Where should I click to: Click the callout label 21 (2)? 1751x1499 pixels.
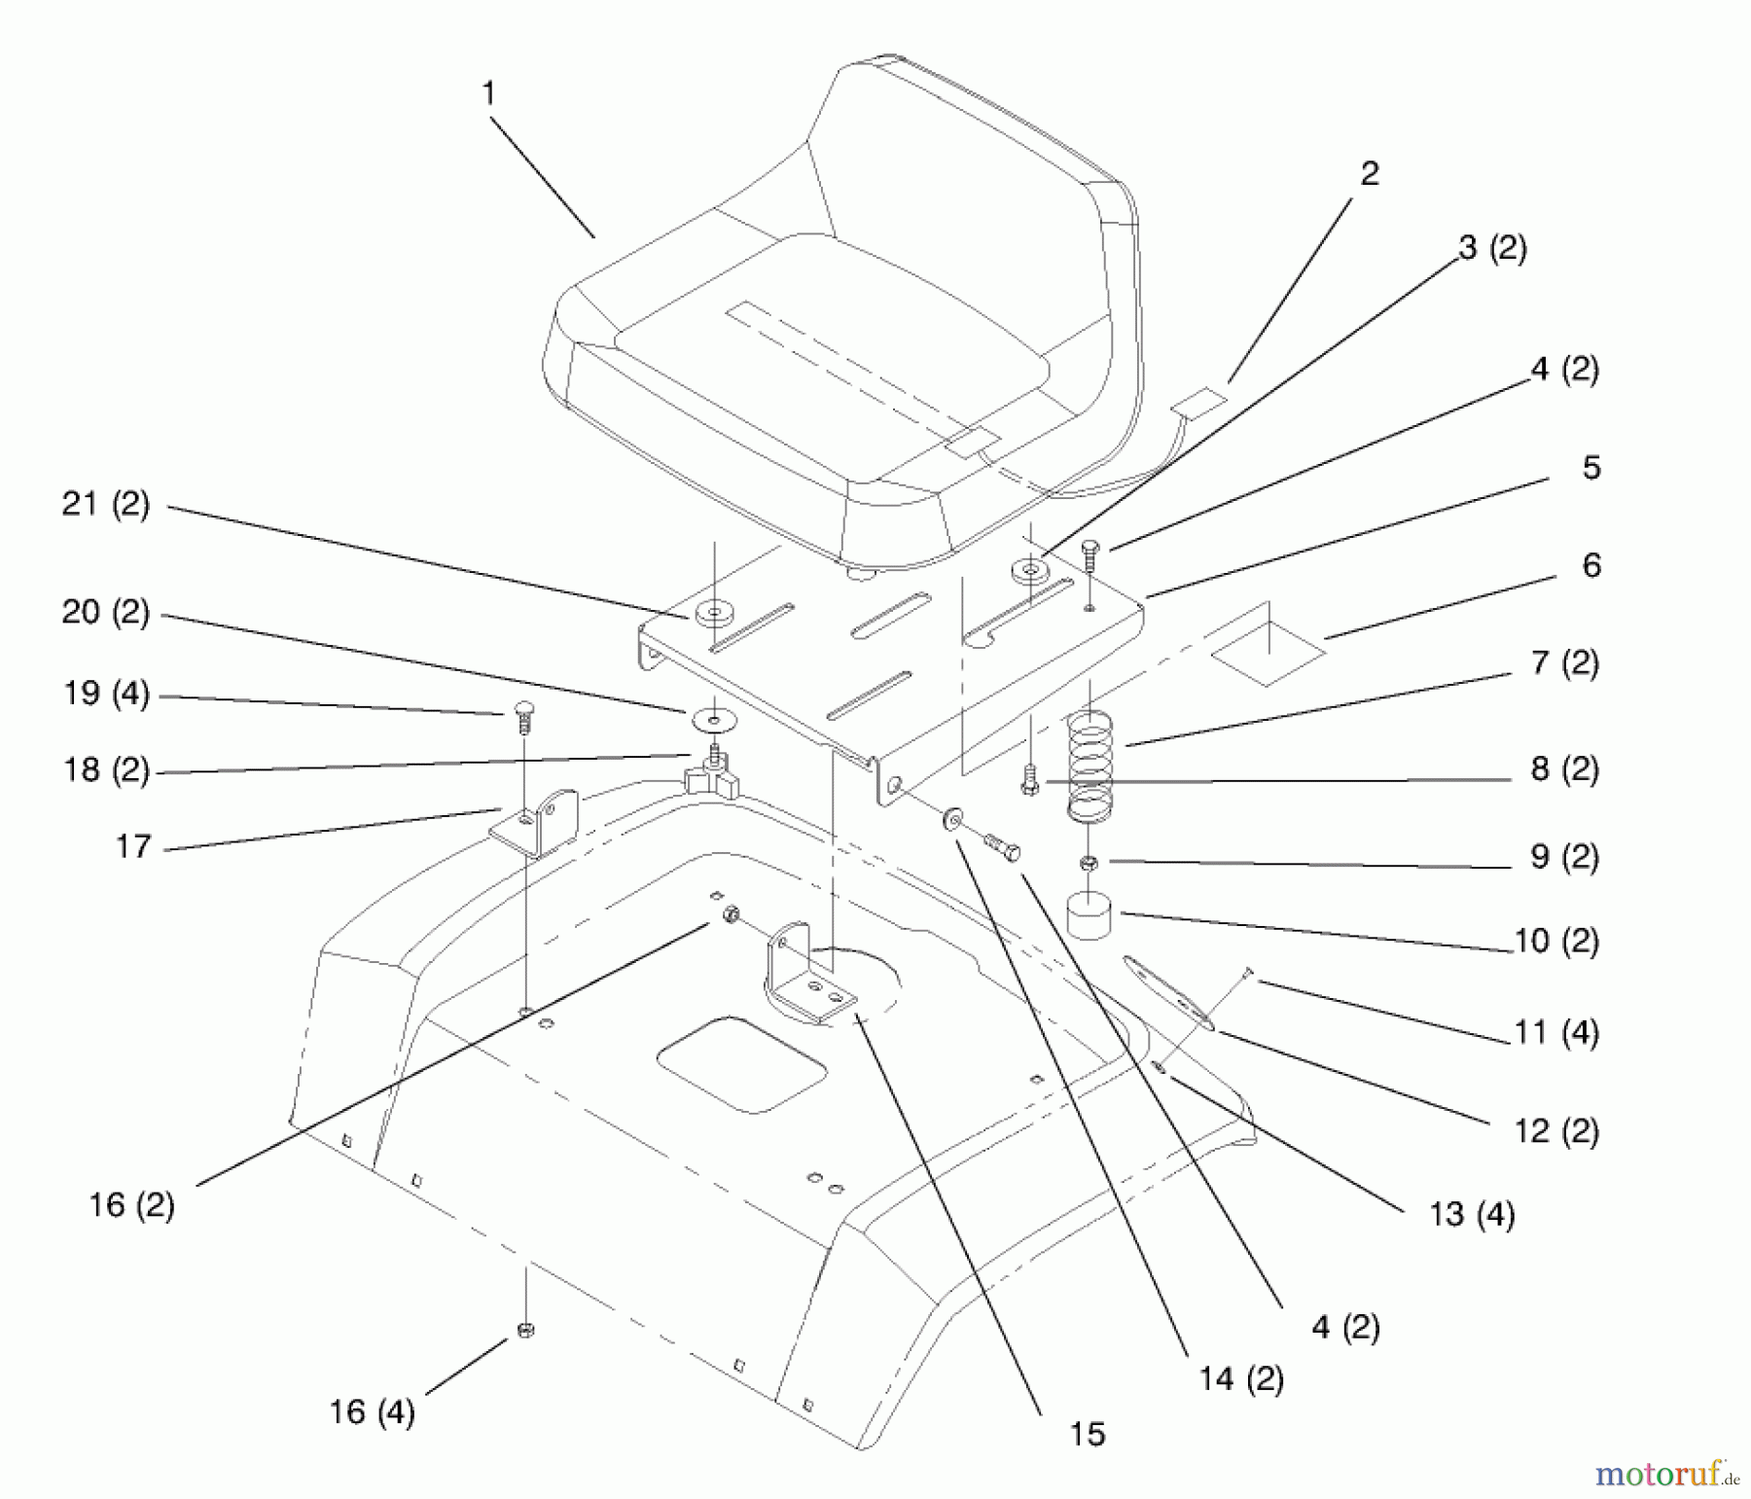pos(105,505)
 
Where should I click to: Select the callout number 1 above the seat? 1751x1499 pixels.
pos(488,94)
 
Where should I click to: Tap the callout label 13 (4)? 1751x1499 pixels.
pos(1472,1215)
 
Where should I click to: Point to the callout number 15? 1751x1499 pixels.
pos(1087,1434)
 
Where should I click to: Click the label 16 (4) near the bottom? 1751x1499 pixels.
pos(372,1411)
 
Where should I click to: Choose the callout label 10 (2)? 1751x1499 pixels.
pos(1556,941)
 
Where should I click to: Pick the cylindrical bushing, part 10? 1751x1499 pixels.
pos(1090,916)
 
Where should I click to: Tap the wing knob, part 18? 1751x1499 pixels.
pos(709,775)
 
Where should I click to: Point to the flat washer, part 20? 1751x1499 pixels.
pos(714,721)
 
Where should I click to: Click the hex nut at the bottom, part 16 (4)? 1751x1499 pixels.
pos(526,1331)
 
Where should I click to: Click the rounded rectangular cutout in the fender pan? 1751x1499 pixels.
pos(741,1064)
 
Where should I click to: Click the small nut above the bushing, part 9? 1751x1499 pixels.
pos(1090,862)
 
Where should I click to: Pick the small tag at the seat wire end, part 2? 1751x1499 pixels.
pos(1198,400)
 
